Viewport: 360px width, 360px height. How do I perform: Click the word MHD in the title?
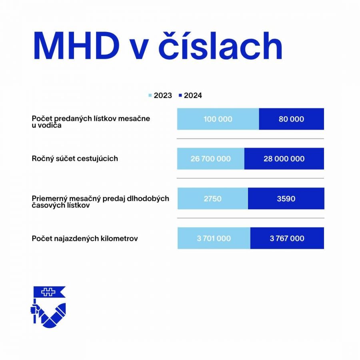pos(76,46)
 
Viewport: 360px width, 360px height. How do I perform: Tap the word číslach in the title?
pos(220,45)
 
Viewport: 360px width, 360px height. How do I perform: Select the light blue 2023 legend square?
pos(150,95)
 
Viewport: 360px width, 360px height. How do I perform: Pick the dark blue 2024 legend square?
pos(180,95)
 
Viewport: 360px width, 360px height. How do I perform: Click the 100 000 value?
pos(218,119)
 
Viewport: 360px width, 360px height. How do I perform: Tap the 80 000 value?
pos(291,119)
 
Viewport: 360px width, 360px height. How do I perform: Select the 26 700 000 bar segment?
pos(211,159)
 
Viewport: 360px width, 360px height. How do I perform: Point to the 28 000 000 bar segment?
pos(284,159)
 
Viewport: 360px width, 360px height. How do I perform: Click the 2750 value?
pos(213,198)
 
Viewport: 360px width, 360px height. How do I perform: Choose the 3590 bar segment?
pos(286,198)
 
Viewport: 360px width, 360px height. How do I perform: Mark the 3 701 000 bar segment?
pos(214,238)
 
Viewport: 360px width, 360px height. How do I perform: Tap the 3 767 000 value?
pos(287,238)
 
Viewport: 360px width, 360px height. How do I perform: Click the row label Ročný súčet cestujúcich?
pos(75,159)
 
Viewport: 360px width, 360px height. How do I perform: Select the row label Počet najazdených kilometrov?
pos(85,238)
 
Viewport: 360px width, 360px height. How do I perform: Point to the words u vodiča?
pos(47,125)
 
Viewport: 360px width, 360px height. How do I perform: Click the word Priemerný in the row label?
pos(49,198)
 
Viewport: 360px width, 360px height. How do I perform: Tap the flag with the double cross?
pos(49,292)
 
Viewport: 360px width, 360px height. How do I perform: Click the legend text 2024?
pos(193,96)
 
